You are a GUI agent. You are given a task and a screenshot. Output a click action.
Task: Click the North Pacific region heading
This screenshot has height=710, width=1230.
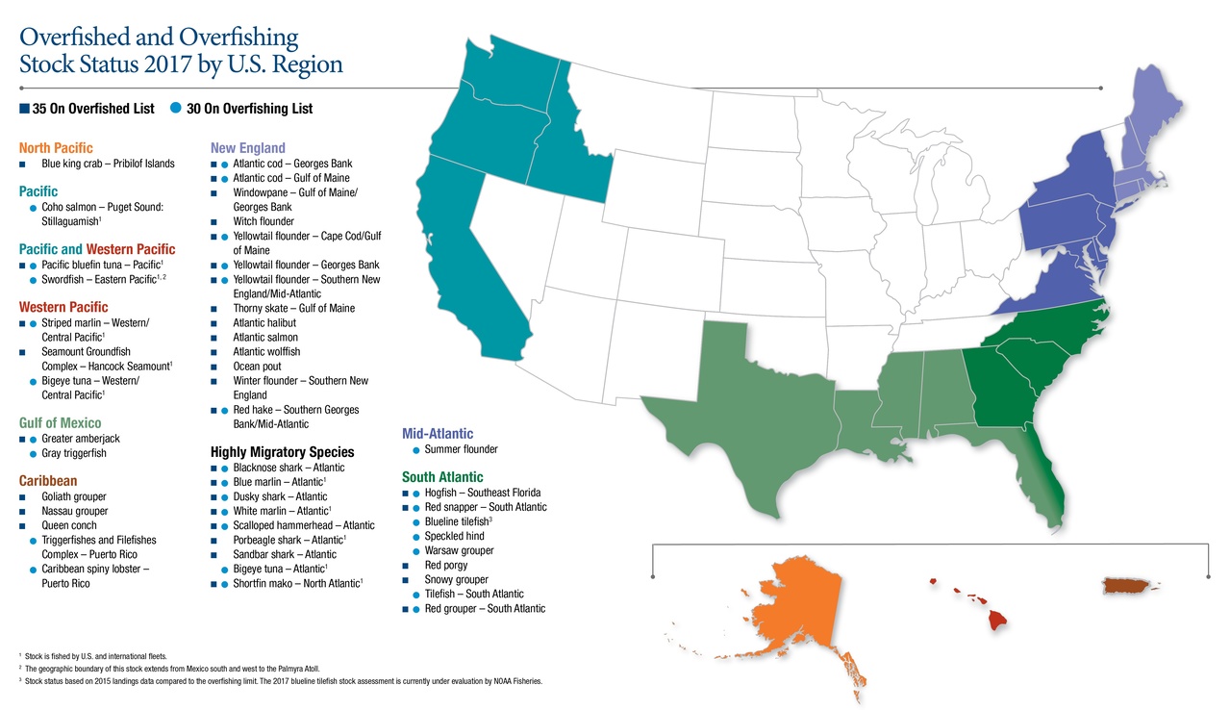point(56,148)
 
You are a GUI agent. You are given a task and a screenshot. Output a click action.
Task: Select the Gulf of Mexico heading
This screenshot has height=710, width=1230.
point(60,423)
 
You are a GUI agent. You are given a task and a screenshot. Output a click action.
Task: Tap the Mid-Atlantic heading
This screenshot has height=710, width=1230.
point(438,434)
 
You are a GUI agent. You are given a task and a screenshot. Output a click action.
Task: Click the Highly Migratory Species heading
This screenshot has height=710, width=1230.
point(282,452)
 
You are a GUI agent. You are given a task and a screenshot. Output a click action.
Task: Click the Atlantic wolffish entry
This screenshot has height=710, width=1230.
point(265,352)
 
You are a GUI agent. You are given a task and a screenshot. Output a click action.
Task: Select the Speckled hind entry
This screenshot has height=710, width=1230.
point(454,536)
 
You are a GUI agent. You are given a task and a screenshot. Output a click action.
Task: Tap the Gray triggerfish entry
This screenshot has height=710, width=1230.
point(74,453)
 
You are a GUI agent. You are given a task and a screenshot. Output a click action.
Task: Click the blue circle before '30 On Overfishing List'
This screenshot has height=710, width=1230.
point(176,108)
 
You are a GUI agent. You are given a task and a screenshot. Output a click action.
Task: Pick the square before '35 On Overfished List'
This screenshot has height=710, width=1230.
point(24,109)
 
